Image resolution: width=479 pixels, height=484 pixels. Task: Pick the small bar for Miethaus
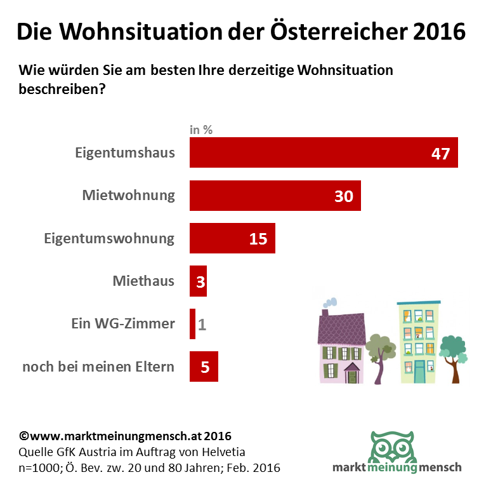pyautogui.click(x=198, y=281)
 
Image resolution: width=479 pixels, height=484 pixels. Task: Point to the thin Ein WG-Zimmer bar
pyautogui.click(x=192, y=324)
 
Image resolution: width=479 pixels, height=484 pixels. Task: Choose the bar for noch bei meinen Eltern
pyautogui.click(x=204, y=366)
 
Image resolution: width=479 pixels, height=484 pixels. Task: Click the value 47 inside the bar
pyautogui.click(x=440, y=154)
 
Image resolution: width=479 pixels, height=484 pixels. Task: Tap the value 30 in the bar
pyautogui.click(x=343, y=196)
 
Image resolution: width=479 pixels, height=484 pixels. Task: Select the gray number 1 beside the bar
pyautogui.click(x=202, y=325)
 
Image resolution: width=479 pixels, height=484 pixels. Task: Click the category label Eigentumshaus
pyautogui.click(x=124, y=153)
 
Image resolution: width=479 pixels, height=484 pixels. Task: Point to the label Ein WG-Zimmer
pyautogui.click(x=122, y=324)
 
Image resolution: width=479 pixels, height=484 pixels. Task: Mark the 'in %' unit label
pyautogui.click(x=201, y=130)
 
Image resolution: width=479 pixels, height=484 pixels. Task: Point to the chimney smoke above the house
pyautogui.click(x=330, y=302)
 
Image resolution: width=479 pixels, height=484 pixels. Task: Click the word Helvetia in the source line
pyautogui.click(x=220, y=452)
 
